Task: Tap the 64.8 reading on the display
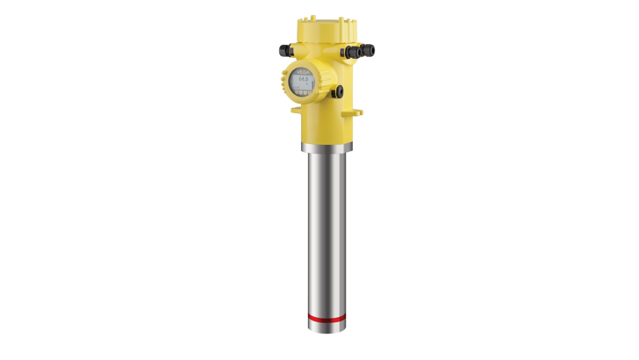coord(304,80)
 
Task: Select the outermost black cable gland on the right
coord(369,49)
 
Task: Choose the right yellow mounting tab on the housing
coord(358,112)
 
